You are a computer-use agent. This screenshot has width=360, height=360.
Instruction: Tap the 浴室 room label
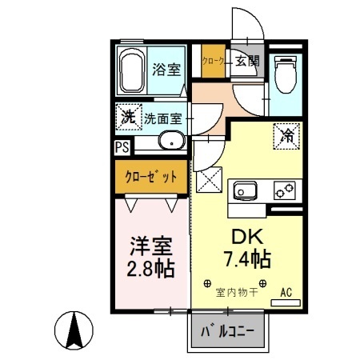coord(167,70)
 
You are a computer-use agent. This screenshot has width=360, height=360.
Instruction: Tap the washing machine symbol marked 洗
coord(127,116)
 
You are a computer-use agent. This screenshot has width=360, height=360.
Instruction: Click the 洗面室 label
coord(164,118)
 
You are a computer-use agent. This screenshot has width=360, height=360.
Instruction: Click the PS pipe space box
coord(122,147)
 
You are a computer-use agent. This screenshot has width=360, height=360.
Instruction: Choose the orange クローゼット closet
coord(149,177)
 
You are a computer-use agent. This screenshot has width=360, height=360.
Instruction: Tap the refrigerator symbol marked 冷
coord(286,135)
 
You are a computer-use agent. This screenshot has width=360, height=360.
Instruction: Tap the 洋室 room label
coord(150,242)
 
